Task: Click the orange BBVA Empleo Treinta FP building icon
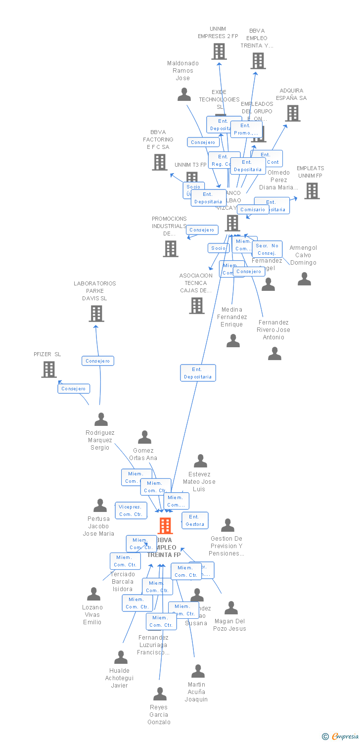(165, 525)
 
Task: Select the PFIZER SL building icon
(48, 369)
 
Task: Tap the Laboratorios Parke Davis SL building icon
(96, 313)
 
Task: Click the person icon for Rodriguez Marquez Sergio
(101, 419)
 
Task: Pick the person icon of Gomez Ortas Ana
(144, 437)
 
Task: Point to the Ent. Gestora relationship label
(195, 520)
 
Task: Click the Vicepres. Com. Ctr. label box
(131, 510)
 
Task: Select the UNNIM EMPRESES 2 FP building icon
(219, 51)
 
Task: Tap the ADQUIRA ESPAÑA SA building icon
(292, 113)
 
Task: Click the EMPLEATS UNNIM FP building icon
(312, 191)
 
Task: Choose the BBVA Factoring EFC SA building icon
(159, 162)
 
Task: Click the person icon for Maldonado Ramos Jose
(184, 94)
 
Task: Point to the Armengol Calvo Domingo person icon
(304, 279)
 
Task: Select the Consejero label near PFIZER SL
(74, 389)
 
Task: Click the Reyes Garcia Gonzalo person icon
(160, 694)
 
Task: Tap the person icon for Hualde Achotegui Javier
(121, 657)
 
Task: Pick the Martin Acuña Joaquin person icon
(198, 671)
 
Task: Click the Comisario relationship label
(253, 209)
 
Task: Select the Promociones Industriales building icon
(171, 249)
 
